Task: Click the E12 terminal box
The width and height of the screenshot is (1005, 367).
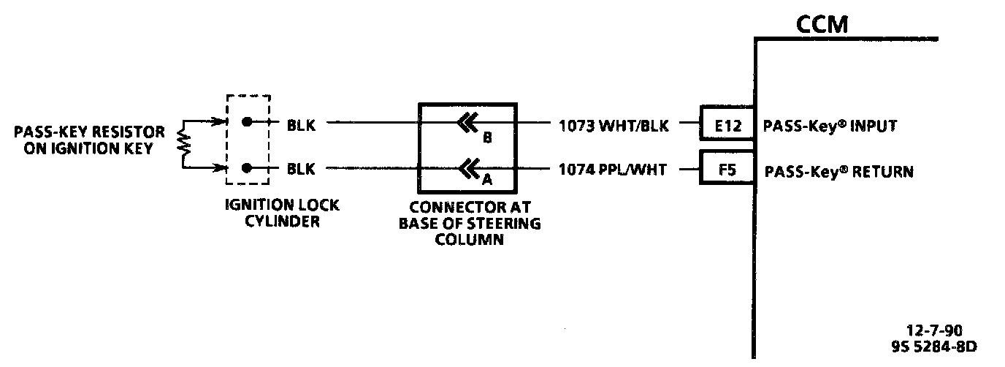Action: point(727,126)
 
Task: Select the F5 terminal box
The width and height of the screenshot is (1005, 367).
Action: point(727,171)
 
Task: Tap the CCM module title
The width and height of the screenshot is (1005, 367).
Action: point(822,26)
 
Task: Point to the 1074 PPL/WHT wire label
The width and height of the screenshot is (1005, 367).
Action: point(613,170)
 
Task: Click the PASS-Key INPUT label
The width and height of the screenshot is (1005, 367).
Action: point(830,126)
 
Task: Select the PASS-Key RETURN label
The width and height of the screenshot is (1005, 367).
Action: point(838,172)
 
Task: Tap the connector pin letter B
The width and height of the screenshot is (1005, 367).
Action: point(486,136)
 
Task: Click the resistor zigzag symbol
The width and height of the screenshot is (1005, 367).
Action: point(185,145)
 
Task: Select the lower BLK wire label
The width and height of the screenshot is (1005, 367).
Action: point(301,169)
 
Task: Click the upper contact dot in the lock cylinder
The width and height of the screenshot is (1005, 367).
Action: point(248,122)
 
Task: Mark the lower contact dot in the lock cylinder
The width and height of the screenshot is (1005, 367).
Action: point(248,168)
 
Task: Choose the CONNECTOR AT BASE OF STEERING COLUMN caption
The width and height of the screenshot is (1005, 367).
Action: point(470,223)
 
